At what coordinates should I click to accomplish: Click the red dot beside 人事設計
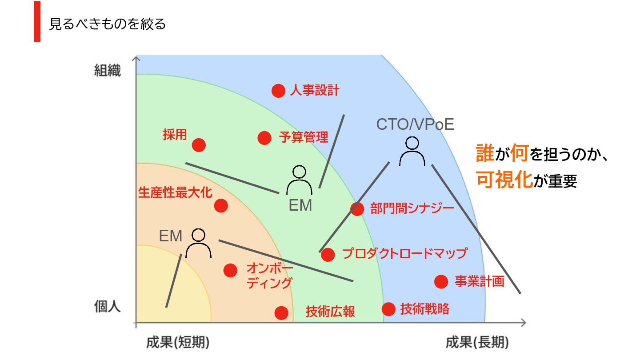click(278, 91)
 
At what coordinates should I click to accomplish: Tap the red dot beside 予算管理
click(264, 138)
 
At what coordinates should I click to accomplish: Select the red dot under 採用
click(199, 145)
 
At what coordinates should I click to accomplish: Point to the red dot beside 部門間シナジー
click(357, 208)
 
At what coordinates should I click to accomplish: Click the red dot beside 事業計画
click(441, 281)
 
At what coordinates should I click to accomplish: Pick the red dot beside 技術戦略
click(388, 309)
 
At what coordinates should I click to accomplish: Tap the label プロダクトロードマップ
click(404, 254)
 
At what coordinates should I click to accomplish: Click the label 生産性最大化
click(175, 192)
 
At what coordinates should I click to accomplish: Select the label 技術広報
click(330, 312)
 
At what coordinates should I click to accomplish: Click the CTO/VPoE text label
click(415, 124)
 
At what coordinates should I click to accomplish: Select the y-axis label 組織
click(108, 71)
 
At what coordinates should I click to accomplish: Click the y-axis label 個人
click(108, 307)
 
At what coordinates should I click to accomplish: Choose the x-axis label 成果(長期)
click(477, 343)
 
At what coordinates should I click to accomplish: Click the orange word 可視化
click(504, 180)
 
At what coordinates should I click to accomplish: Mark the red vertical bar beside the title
click(37, 22)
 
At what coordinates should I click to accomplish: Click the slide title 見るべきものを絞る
click(107, 24)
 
